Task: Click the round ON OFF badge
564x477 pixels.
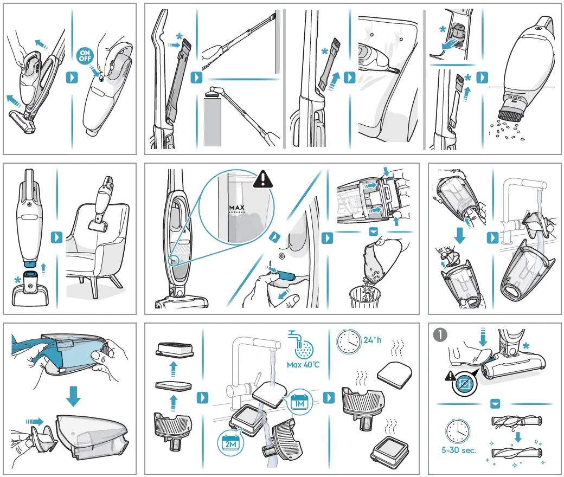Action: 85,56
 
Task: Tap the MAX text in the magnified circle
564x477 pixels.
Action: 237,208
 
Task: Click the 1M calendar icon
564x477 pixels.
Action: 298,401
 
